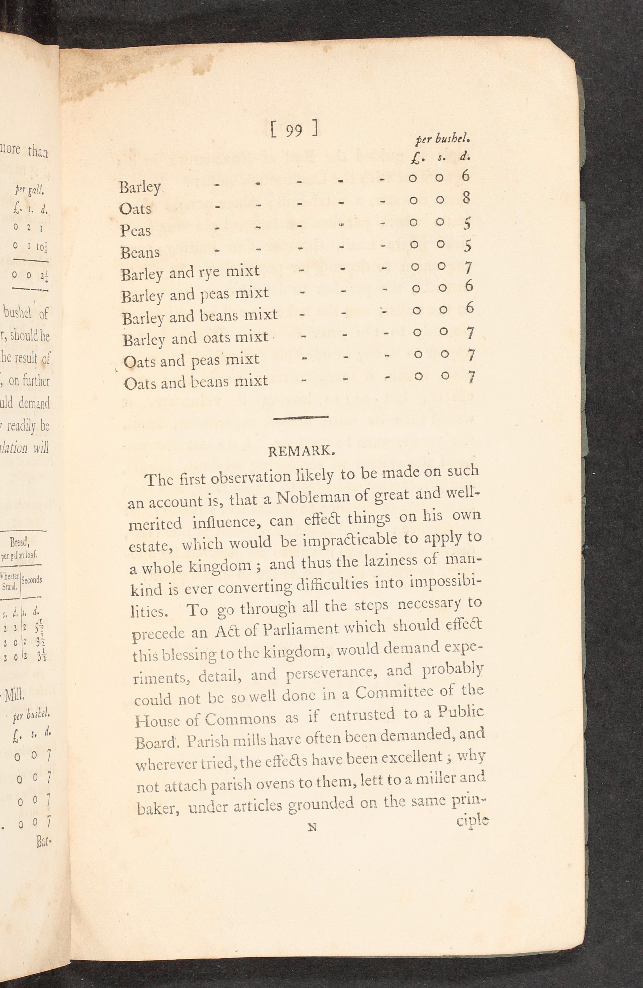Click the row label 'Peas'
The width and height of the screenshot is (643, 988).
[135, 230]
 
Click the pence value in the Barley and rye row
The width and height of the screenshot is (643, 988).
[468, 268]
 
